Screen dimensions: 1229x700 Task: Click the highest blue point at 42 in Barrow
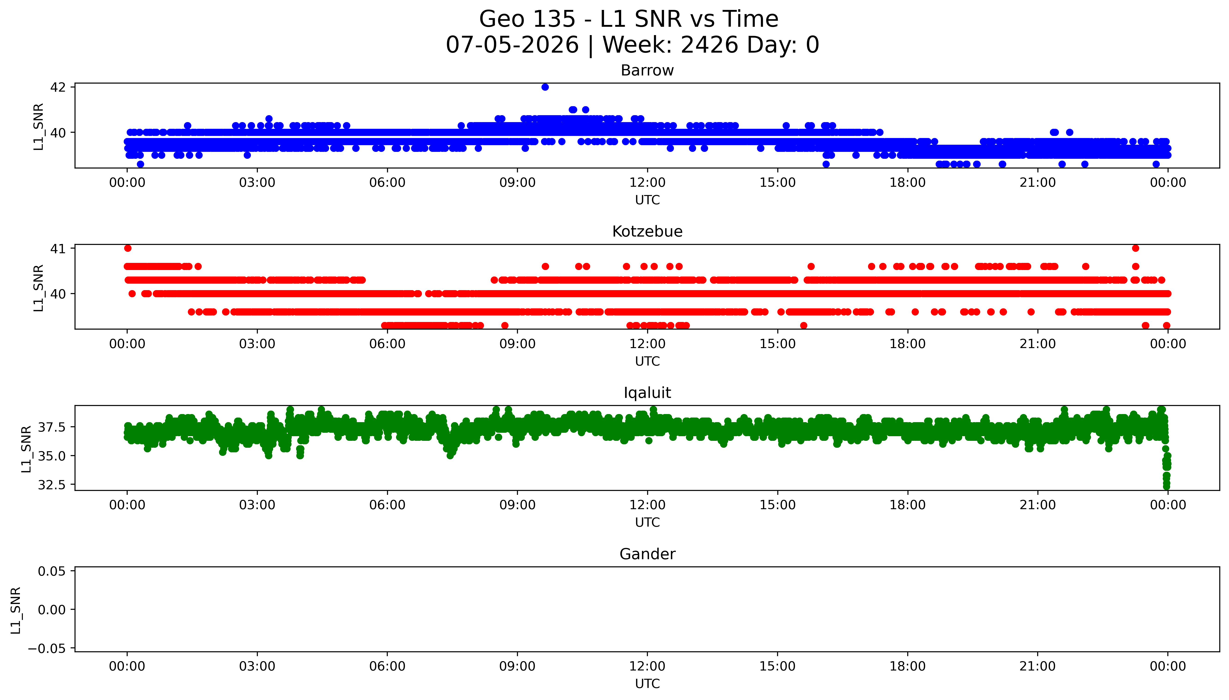pyautogui.click(x=544, y=87)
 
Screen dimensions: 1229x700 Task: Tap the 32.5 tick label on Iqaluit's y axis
pyautogui.click(x=52, y=485)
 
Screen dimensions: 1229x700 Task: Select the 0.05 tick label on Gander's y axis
pyautogui.click(x=52, y=571)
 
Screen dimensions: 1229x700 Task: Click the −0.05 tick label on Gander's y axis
pyautogui.click(x=47, y=649)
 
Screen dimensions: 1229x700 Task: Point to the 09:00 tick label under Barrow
pyautogui.click(x=517, y=183)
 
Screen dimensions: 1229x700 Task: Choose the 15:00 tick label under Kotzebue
pyautogui.click(x=777, y=344)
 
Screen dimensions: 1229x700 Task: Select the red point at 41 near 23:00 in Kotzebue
pyautogui.click(x=1135, y=248)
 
